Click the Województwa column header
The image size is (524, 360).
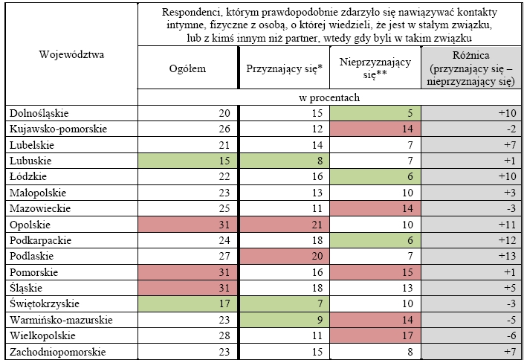coord(71,54)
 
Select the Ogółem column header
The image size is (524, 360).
coord(187,68)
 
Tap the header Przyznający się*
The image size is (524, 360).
coord(285,68)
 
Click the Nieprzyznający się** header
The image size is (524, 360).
coord(375,68)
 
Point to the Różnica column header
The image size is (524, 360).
coord(471,68)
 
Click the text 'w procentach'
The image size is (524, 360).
coord(329,97)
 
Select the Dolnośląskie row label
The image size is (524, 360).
coord(39,113)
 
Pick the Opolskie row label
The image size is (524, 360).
coord(30,225)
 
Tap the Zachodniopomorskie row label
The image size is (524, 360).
coord(57,352)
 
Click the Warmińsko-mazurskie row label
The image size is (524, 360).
coord(61,320)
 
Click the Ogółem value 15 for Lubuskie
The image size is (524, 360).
coord(224,161)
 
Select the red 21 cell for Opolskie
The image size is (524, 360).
coord(317,225)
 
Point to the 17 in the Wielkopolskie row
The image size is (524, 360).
coord(407,336)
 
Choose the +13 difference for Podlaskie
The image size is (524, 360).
coord(507,257)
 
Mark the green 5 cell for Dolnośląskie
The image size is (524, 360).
coord(410,113)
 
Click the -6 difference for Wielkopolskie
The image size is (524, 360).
coord(511,336)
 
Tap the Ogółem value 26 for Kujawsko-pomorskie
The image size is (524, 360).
coord(224,129)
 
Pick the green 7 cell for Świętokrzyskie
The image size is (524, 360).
coord(320,303)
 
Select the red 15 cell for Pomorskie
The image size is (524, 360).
coord(407,272)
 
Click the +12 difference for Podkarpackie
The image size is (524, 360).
coord(507,240)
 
